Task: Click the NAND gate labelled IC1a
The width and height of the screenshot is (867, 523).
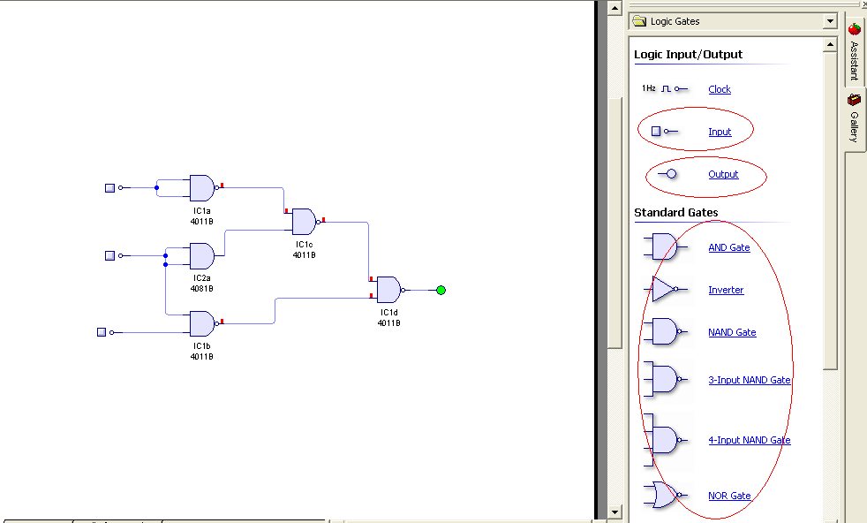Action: click(201, 187)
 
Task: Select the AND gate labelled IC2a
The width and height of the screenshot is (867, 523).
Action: click(201, 256)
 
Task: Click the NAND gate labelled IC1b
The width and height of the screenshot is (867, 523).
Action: click(201, 323)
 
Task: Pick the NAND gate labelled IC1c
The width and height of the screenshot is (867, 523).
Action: click(304, 221)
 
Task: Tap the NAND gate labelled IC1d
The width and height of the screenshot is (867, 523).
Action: click(388, 290)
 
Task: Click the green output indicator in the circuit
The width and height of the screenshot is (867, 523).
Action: click(441, 290)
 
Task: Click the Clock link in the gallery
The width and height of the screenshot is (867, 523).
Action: click(720, 89)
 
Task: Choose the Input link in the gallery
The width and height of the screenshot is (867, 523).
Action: click(720, 132)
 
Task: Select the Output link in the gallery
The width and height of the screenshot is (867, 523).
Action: click(723, 174)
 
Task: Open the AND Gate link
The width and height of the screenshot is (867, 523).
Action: click(728, 247)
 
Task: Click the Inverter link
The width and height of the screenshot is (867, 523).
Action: click(726, 290)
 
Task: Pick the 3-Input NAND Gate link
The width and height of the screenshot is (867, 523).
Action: click(749, 380)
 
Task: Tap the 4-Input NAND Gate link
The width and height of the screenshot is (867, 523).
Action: click(749, 440)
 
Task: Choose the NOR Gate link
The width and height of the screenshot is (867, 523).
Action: click(729, 496)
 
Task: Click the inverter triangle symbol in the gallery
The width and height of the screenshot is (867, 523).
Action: click(665, 289)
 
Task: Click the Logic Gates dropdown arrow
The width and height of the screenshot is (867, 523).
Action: click(830, 21)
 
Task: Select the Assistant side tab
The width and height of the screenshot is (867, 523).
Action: click(854, 53)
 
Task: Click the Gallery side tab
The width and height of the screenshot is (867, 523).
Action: click(854, 119)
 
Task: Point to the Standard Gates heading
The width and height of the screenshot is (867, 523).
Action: click(675, 212)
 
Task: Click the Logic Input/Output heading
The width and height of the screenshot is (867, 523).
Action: click(688, 54)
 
